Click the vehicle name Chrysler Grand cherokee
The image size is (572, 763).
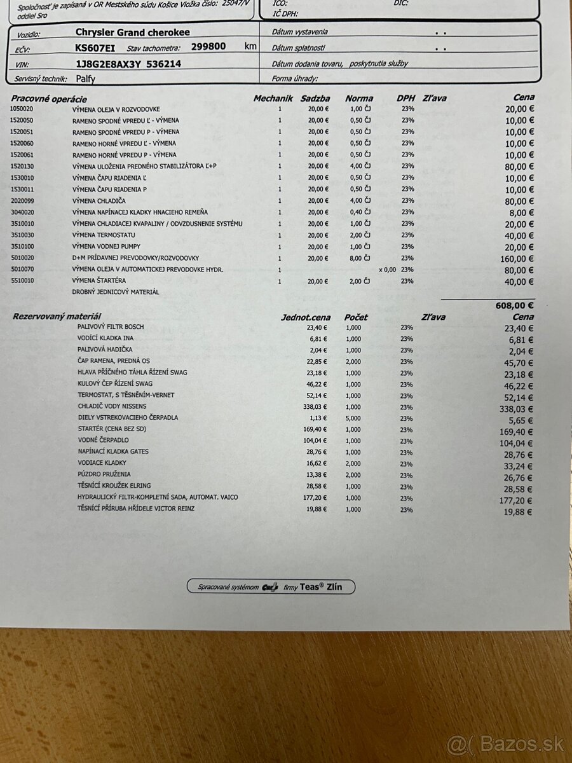coord(132,32)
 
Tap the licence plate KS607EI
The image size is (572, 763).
coord(96,47)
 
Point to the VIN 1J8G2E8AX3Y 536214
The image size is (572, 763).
coord(128,64)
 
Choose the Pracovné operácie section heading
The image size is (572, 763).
coord(48,99)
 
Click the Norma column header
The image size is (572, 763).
coord(359,99)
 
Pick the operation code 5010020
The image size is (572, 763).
coord(22,258)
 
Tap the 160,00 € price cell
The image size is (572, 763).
coord(516,259)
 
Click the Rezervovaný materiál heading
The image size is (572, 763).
coord(57,316)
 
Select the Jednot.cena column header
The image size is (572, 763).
coord(306,317)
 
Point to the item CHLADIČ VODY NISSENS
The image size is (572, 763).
coord(112,406)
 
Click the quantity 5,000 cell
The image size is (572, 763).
coord(353,418)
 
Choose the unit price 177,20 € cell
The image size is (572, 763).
coord(315,497)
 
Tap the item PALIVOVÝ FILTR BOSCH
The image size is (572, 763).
coord(111,327)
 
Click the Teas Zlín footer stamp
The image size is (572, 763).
coord(271,587)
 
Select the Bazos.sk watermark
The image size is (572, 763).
coord(505,743)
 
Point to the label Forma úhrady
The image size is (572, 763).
coord(294,79)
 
